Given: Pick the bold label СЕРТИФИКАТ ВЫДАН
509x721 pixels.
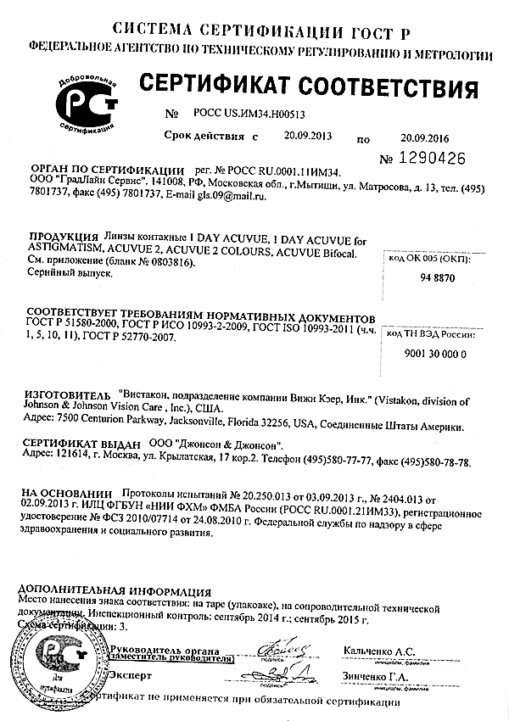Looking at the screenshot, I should tap(80, 444).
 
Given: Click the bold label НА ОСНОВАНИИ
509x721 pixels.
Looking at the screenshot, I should tap(66, 492).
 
